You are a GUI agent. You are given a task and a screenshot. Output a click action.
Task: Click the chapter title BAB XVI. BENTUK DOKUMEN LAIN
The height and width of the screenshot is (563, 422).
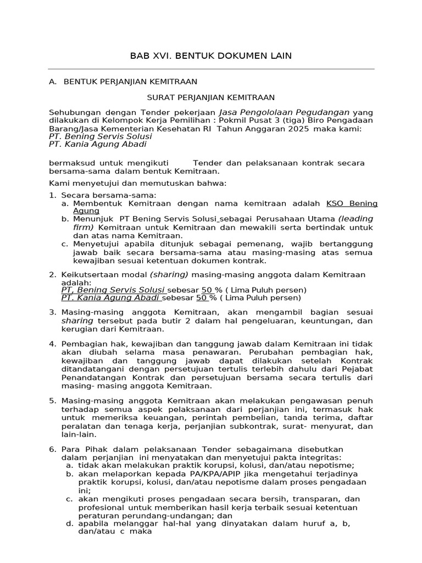click(x=210, y=56)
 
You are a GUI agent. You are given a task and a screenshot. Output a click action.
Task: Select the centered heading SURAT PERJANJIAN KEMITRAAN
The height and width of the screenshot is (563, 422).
click(x=211, y=97)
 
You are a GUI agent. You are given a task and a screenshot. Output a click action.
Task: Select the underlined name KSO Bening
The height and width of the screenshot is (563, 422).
click(x=352, y=203)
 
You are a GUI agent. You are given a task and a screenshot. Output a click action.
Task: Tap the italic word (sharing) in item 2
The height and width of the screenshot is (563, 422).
click(x=169, y=274)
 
